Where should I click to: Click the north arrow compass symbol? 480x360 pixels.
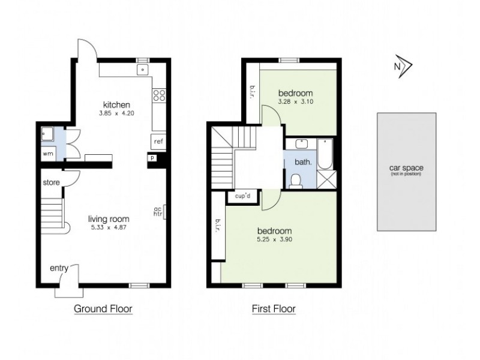point(400,67)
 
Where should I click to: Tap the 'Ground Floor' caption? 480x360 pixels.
point(103,309)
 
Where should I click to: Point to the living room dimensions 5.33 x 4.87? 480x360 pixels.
point(109,227)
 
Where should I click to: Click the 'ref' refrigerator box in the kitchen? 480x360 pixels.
point(158,142)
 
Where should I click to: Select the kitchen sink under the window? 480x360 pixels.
point(143,70)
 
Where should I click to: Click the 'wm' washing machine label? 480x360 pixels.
point(47,154)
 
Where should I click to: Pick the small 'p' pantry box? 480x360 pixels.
point(153,158)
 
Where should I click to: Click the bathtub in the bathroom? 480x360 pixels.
point(325,153)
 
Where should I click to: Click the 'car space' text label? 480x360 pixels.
point(406,169)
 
